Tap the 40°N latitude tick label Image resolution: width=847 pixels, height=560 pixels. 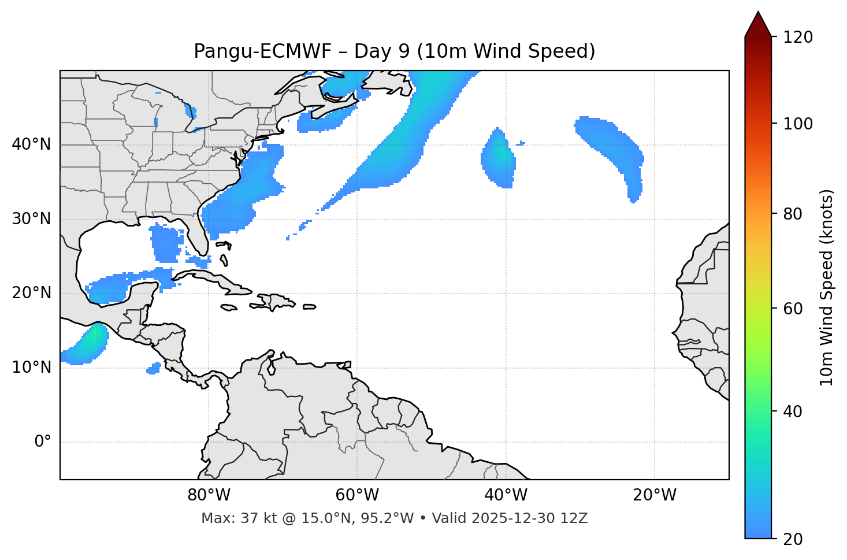pyautogui.click(x=31, y=144)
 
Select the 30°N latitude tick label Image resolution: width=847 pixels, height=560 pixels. pyautogui.click(x=31, y=219)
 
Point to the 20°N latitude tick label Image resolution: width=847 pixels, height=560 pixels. pyautogui.click(x=31, y=293)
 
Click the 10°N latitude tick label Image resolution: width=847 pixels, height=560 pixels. pyautogui.click(x=31, y=368)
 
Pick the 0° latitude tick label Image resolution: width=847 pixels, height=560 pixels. pyautogui.click(x=43, y=442)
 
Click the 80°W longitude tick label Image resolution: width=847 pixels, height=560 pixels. pyautogui.click(x=209, y=495)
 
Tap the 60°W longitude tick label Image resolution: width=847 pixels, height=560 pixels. pyautogui.click(x=357, y=495)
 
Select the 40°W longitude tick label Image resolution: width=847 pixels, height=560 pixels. pyautogui.click(x=506, y=495)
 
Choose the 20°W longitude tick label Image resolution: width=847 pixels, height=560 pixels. pyautogui.click(x=654, y=495)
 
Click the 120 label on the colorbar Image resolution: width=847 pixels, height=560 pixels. pyautogui.click(x=798, y=37)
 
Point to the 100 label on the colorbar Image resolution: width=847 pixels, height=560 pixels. pyautogui.click(x=798, y=124)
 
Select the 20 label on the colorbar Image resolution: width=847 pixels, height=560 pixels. pyautogui.click(x=793, y=539)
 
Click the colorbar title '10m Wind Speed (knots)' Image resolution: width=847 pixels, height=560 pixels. pyautogui.click(x=827, y=287)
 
